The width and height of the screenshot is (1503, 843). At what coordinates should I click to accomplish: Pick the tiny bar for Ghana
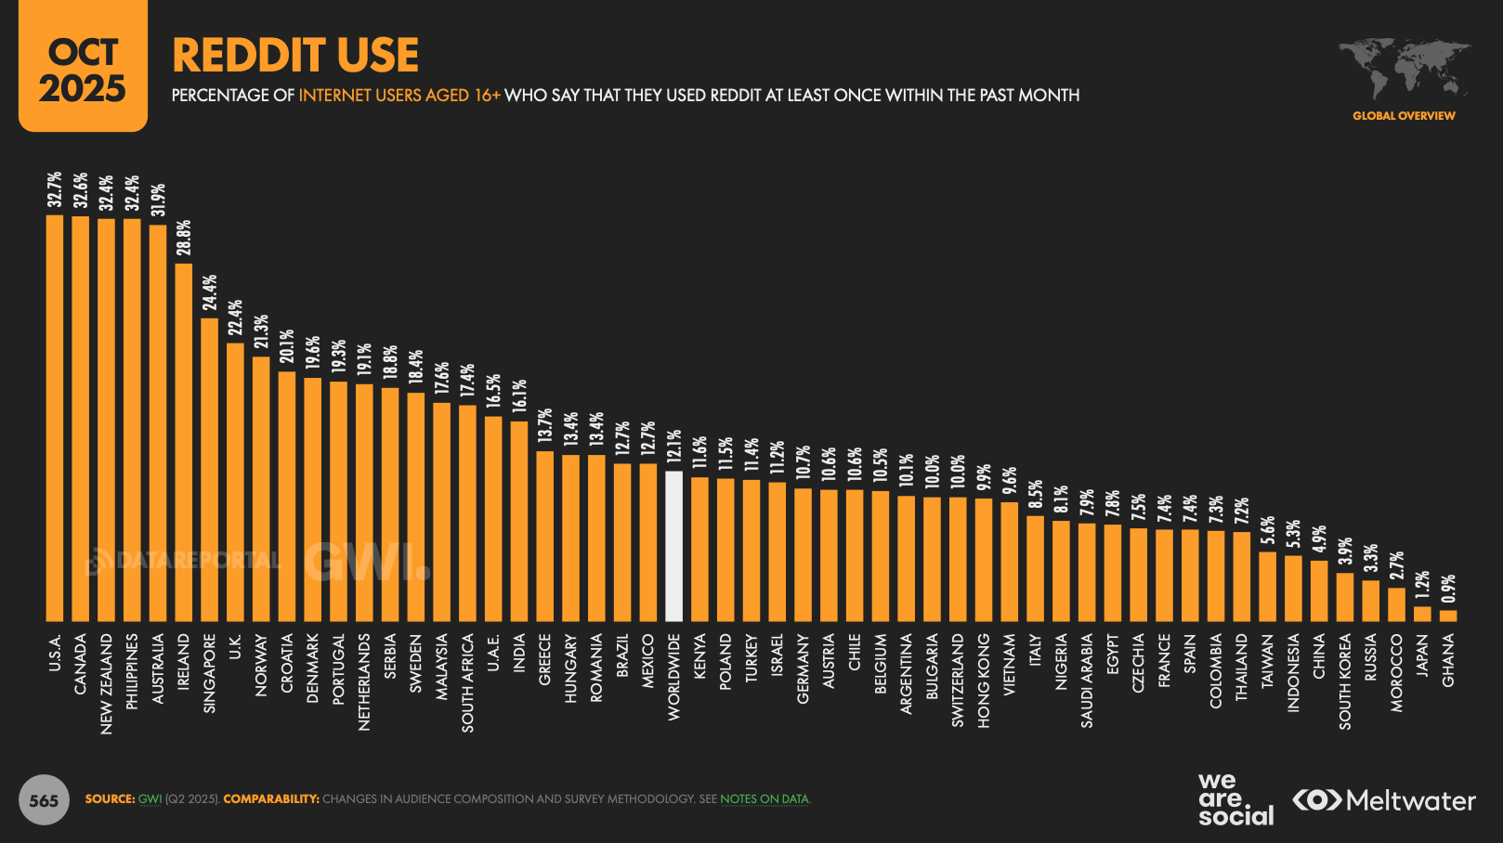[1447, 616]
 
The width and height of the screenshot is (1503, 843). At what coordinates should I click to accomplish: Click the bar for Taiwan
[1267, 586]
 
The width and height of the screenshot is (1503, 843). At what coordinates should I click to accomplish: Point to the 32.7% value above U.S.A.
[55, 189]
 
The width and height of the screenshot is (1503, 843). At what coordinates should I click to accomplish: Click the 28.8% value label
[184, 238]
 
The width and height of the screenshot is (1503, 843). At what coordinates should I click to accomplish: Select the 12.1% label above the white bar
[673, 447]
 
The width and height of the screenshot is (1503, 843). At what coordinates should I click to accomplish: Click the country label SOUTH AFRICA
[467, 682]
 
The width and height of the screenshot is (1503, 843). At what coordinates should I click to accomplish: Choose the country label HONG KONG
[983, 680]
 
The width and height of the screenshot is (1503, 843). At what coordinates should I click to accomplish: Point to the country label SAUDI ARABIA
[1086, 680]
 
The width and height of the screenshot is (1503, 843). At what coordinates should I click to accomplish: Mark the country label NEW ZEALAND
[106, 683]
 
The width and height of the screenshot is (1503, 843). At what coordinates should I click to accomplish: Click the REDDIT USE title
[295, 56]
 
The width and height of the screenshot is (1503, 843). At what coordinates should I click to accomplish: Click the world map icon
[1404, 68]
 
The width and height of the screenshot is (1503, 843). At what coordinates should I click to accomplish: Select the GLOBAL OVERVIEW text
[1404, 116]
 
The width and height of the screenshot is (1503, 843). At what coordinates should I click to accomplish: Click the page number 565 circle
[44, 800]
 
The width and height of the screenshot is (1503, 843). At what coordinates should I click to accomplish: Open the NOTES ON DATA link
[764, 799]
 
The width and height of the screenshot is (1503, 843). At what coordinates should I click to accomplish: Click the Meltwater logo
[1383, 800]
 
